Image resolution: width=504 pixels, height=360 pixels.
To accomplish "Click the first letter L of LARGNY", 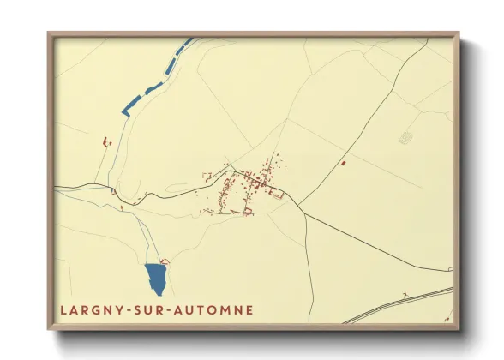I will (x=63, y=309).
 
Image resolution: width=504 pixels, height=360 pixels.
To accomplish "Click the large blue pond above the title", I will (x=156, y=279).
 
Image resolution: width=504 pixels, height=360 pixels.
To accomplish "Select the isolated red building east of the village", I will (x=343, y=162).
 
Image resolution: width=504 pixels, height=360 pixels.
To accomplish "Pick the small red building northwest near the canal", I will (x=105, y=140).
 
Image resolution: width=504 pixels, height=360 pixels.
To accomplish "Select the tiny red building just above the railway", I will (x=401, y=295).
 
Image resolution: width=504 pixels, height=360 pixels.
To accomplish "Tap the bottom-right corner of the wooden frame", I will (x=458, y=328).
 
